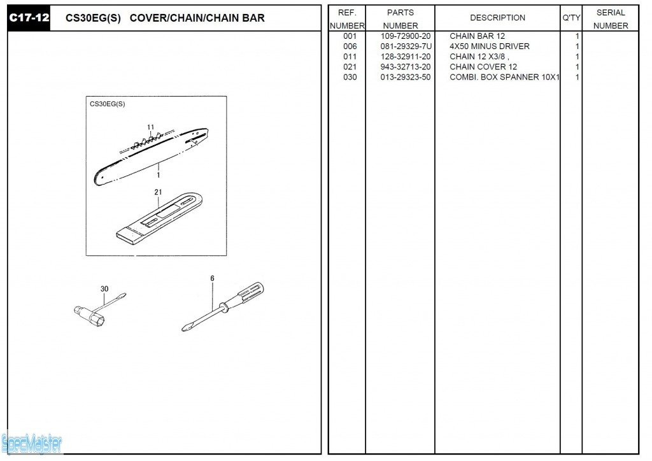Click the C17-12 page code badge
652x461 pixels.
coord(29,18)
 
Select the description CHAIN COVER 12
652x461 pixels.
coord(483,67)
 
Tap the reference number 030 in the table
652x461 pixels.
coord(350,77)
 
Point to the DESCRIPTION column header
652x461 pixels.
coord(497,18)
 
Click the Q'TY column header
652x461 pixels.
coord(570,18)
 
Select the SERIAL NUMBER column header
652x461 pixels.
coord(611,19)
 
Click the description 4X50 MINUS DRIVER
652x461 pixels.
coord(489,46)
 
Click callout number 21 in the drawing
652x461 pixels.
coord(158,192)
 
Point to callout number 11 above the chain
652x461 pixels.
coord(151,127)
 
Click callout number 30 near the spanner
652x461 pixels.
coord(104,289)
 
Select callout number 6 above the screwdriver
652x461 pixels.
coord(212,278)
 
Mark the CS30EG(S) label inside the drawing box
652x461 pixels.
coord(107,104)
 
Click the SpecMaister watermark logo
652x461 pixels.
coord(31,443)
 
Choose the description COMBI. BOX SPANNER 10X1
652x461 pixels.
coord(504,77)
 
